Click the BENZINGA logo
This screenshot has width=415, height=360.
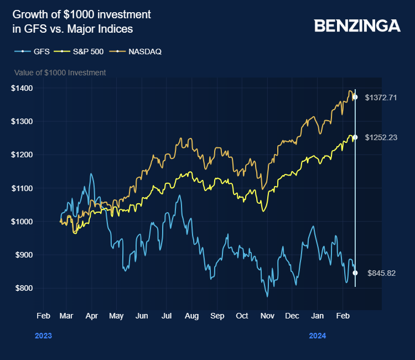point(357,25)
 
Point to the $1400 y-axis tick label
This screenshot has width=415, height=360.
point(22,88)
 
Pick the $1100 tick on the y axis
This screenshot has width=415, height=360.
point(22,188)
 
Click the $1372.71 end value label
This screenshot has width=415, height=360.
point(381,97)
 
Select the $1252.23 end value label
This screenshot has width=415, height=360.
point(381,137)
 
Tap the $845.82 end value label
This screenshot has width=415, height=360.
point(381,273)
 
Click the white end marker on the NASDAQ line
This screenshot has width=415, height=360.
point(355,97)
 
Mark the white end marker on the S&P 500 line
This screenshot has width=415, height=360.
point(355,137)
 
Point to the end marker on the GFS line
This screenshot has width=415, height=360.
point(355,272)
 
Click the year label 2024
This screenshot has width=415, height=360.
point(318,336)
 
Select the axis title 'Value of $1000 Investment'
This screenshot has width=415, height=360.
point(60,73)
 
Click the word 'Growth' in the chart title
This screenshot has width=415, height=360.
point(29,14)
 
